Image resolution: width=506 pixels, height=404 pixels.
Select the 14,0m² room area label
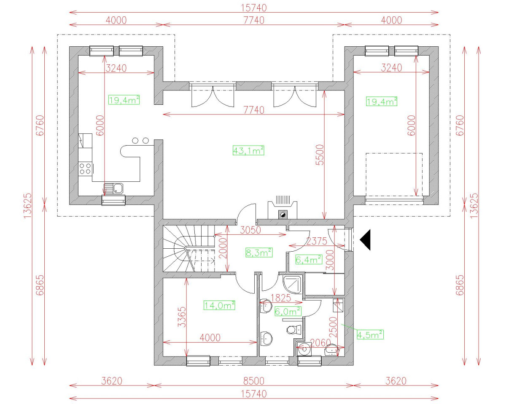[219, 305]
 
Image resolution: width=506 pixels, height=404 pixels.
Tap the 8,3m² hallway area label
[258, 252]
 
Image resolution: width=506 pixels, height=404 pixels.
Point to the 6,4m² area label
[309, 260]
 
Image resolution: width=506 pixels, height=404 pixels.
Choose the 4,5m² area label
[370, 335]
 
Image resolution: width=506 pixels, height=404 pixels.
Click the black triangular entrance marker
[365, 239]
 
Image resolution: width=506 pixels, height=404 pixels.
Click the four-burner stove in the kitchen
[85, 168]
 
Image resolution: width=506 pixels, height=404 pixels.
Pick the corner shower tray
[293, 284]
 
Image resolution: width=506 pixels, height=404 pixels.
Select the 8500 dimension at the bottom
[253, 381]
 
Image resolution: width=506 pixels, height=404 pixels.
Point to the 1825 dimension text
[281, 298]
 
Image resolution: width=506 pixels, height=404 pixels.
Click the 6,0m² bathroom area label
[288, 311]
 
